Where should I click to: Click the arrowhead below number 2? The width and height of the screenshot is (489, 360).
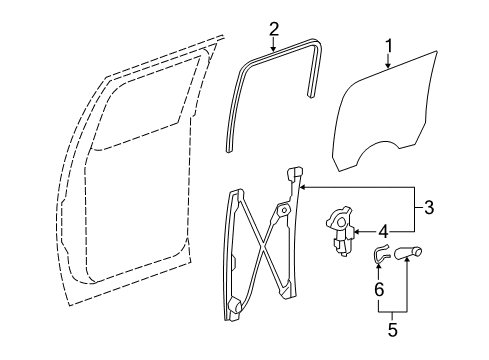click(x=274, y=49)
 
